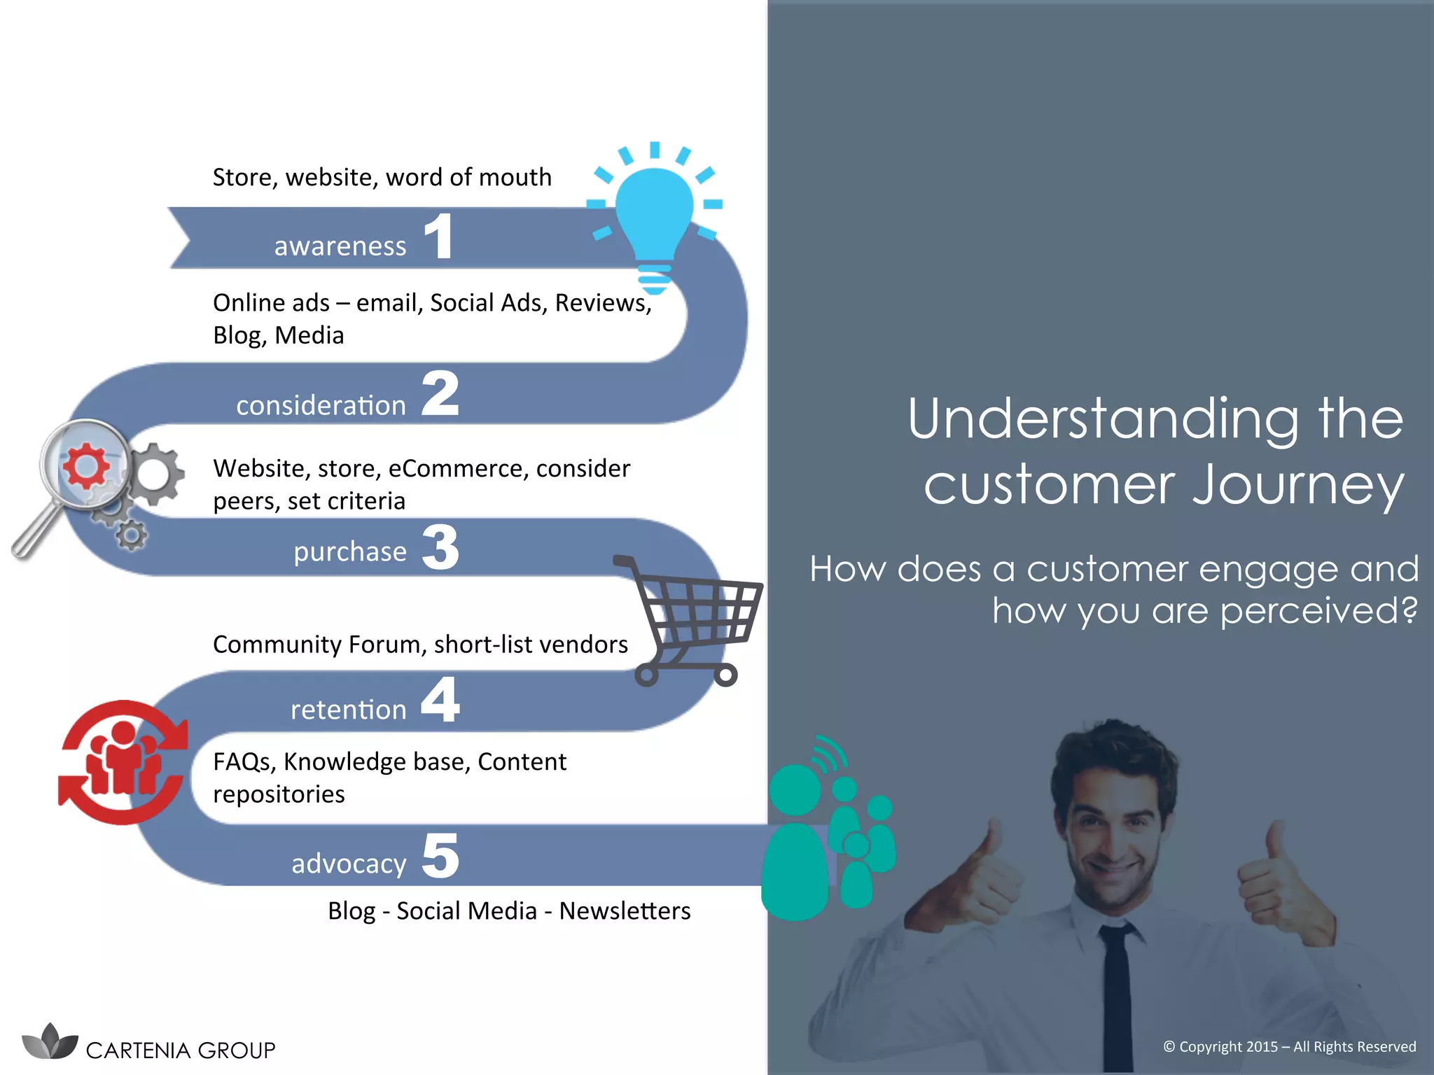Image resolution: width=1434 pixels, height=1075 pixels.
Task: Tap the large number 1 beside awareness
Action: tap(439, 237)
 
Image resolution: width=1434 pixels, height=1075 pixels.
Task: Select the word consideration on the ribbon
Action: tap(321, 405)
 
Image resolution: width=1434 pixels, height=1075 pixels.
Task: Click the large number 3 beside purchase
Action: tap(440, 547)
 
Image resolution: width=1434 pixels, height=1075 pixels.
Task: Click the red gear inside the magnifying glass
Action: tap(85, 465)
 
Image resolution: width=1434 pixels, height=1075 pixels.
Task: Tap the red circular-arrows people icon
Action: tap(123, 762)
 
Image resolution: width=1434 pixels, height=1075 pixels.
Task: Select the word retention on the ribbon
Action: tap(348, 710)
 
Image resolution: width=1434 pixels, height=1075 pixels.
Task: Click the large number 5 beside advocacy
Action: tap(440, 856)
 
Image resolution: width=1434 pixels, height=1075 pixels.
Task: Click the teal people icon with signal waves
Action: tap(826, 833)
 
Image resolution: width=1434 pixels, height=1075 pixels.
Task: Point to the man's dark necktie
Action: tap(1118, 994)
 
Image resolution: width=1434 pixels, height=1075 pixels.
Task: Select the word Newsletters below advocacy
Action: tap(625, 911)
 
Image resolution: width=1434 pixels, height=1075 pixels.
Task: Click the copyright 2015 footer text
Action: tap(1289, 1046)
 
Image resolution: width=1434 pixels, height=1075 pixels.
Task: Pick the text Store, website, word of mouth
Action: tap(382, 177)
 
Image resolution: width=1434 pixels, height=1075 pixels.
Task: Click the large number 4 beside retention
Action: tap(440, 700)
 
